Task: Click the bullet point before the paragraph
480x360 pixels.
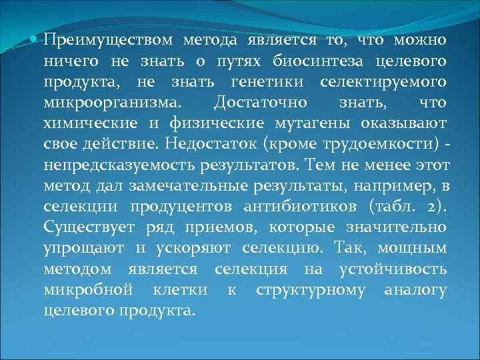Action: pyautogui.click(x=36, y=40)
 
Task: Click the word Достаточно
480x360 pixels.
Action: pyautogui.click(x=260, y=104)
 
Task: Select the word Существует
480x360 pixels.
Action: pyautogui.click(x=90, y=227)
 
